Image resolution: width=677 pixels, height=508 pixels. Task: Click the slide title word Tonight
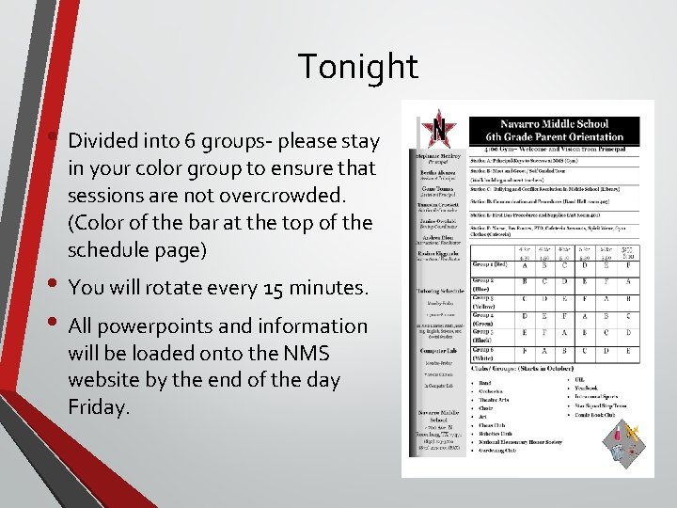[x=357, y=67]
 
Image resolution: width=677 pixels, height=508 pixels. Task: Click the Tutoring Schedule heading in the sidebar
[x=438, y=291]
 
